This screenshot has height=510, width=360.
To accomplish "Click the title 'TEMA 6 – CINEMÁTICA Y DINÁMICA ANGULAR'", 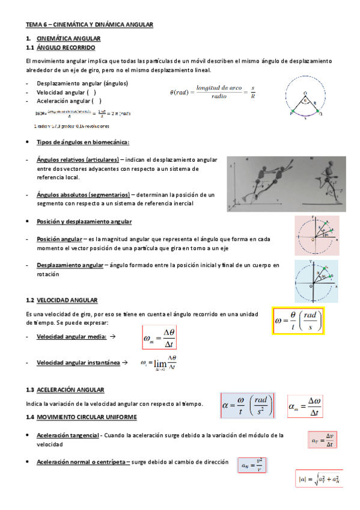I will coord(90,24).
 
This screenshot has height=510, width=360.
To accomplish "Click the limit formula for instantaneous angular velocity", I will coord(158,364).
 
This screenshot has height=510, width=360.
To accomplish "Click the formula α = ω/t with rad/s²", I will coord(248,404).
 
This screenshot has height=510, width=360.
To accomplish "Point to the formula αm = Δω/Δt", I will coord(306,407).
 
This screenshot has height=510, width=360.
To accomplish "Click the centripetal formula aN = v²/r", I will coord(252,465).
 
